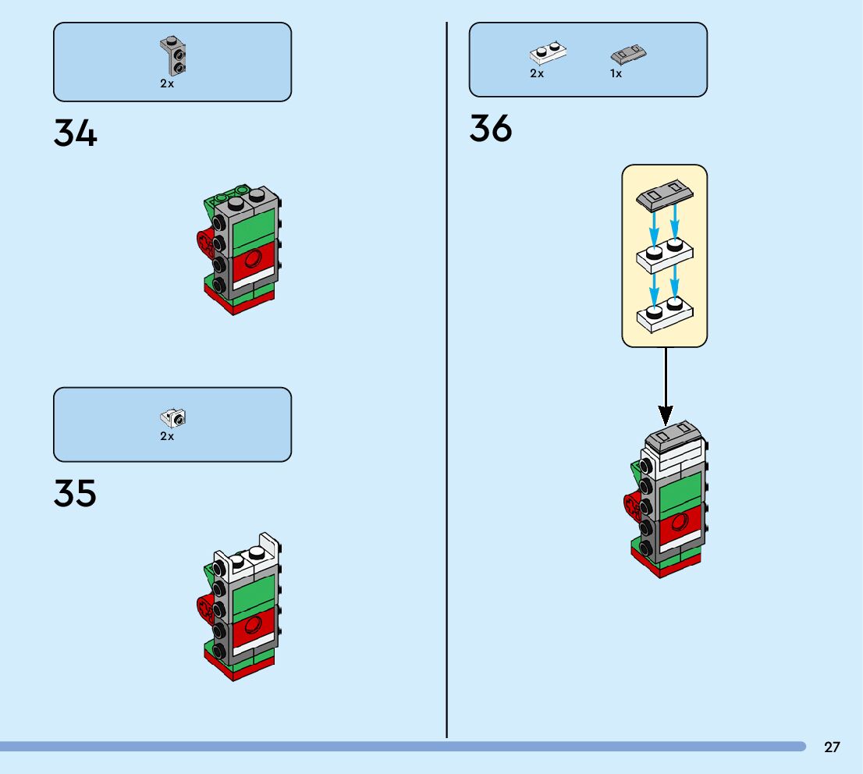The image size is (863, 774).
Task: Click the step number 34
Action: click(x=76, y=133)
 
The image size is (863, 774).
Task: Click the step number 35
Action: click(x=76, y=493)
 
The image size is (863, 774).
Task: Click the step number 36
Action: click(x=491, y=129)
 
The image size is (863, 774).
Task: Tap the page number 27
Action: click(x=832, y=747)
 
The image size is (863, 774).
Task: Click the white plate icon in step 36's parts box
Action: click(x=548, y=53)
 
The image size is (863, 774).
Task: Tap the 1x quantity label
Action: click(x=616, y=74)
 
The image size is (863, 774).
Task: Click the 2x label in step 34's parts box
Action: click(x=167, y=83)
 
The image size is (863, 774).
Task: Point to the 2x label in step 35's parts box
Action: click(x=167, y=437)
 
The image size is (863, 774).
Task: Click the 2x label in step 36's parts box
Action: click(x=537, y=74)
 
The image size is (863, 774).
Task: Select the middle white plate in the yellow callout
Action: click(x=665, y=254)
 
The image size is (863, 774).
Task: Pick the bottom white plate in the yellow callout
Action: click(x=665, y=312)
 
